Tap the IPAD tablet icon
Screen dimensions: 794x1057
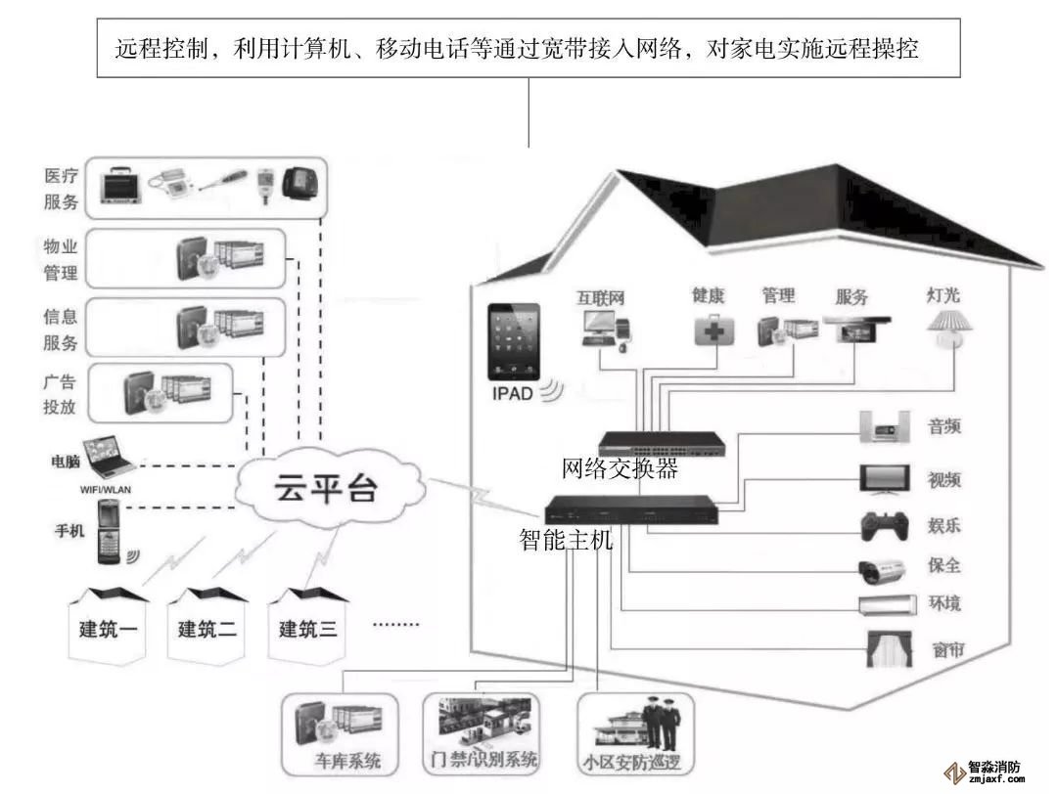(515, 341)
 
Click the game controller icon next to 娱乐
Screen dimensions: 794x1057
(885, 526)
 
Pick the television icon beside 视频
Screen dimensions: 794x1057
(886, 479)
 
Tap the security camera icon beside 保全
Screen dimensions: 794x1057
(885, 568)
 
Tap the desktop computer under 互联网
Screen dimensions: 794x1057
(601, 331)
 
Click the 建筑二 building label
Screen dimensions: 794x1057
(207, 629)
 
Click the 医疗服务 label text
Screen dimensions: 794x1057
(61, 190)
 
